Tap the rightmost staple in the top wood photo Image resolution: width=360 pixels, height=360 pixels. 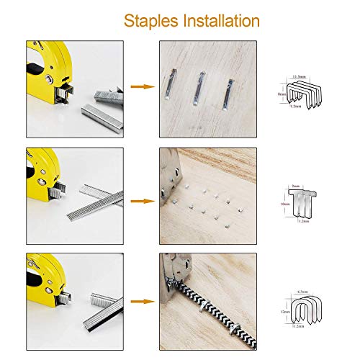[230, 93]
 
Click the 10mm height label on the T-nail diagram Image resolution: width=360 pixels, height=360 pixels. [285, 204]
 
